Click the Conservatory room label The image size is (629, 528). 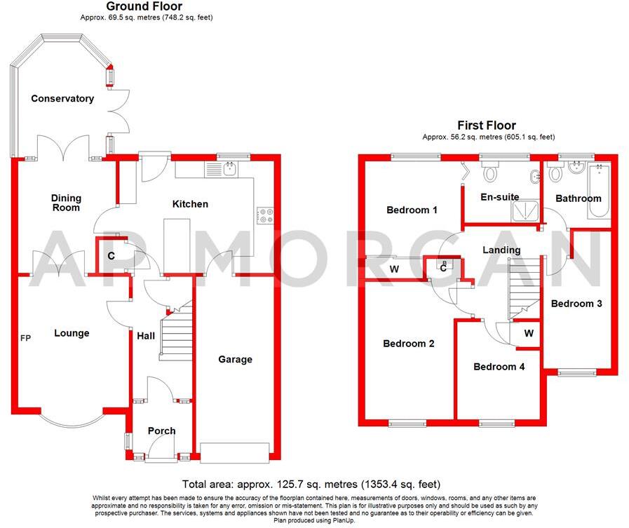[62, 99]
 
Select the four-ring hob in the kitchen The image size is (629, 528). [266, 216]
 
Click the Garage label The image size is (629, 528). [235, 360]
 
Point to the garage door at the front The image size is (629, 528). [235, 452]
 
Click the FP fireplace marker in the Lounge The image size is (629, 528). [25, 337]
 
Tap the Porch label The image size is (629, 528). [162, 431]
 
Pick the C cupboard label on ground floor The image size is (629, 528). [111, 257]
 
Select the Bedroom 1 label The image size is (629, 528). [412, 210]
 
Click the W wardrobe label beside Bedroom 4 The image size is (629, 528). [529, 334]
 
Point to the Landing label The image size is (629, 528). [501, 250]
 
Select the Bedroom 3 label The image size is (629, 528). [576, 304]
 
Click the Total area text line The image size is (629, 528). [311, 484]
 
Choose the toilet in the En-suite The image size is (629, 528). [490, 171]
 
